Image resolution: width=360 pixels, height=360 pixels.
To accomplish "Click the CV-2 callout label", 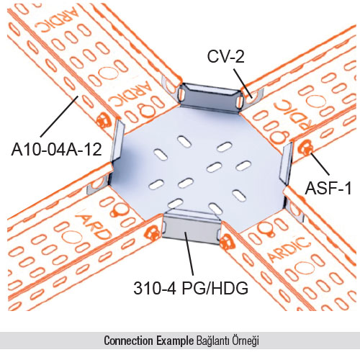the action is click(x=225, y=57).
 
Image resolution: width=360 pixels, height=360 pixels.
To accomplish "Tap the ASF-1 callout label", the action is click(x=328, y=188).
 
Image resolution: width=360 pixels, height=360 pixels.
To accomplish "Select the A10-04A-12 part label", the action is click(x=57, y=150).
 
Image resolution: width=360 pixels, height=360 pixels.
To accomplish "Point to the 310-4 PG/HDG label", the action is click(x=191, y=288).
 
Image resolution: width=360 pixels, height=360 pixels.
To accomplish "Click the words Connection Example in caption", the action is click(x=149, y=341).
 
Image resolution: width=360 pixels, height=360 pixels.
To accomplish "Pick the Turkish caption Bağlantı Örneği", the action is click(x=228, y=341).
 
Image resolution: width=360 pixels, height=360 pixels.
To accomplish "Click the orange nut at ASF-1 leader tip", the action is click(x=305, y=149).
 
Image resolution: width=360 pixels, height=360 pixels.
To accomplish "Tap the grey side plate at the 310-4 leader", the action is click(x=192, y=228).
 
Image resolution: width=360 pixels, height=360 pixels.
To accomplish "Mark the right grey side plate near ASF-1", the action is click(x=286, y=163).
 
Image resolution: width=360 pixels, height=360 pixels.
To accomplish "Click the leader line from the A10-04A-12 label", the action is click(x=59, y=117).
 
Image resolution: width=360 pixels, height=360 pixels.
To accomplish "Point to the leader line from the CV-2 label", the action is click(x=243, y=84).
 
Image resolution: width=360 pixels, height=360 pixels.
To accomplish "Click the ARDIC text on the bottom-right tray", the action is click(x=289, y=249).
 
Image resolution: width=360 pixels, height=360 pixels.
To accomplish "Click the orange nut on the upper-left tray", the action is click(x=104, y=120).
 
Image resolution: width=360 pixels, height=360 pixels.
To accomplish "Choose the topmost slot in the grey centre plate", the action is click(x=184, y=142).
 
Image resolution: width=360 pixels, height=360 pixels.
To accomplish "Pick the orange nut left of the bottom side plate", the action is click(x=153, y=233).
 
